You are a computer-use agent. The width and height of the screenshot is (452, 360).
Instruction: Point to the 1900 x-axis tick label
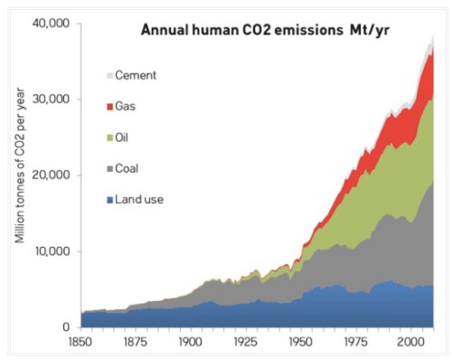click(x=193, y=344)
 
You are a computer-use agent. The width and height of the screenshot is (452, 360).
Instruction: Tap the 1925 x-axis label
click(x=248, y=344)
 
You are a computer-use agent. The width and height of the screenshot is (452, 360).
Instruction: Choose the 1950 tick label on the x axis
click(x=303, y=344)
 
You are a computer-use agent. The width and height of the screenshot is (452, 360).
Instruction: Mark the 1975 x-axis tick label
click(x=358, y=344)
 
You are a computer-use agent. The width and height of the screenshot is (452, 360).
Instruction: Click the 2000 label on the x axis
click(x=413, y=344)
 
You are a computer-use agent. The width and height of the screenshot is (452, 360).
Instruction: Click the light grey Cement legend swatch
click(x=110, y=75)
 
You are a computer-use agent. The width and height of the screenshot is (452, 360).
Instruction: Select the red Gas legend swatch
click(x=110, y=107)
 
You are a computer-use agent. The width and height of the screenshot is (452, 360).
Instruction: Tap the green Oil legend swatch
click(x=110, y=137)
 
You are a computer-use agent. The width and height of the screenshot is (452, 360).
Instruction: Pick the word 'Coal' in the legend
click(x=136, y=168)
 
